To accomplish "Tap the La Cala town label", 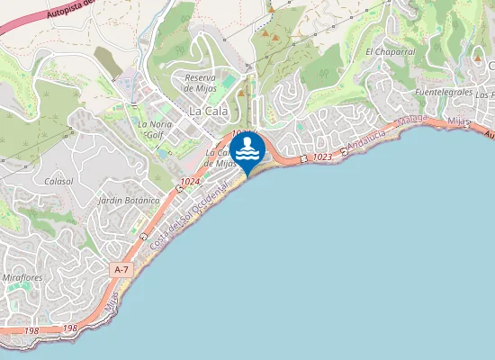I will point(208,111).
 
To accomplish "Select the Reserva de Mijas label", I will point(201,84).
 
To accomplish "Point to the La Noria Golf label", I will point(154,130).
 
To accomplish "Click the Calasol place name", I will point(58,181).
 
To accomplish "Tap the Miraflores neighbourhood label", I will point(22,278).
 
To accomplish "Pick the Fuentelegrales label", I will point(444,93).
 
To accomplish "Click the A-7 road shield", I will point(121,269).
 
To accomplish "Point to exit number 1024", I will point(189,183).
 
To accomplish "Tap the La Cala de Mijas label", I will point(220,158).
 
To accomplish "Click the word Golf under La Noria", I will point(155,136).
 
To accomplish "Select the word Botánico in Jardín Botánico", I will point(141,200).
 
